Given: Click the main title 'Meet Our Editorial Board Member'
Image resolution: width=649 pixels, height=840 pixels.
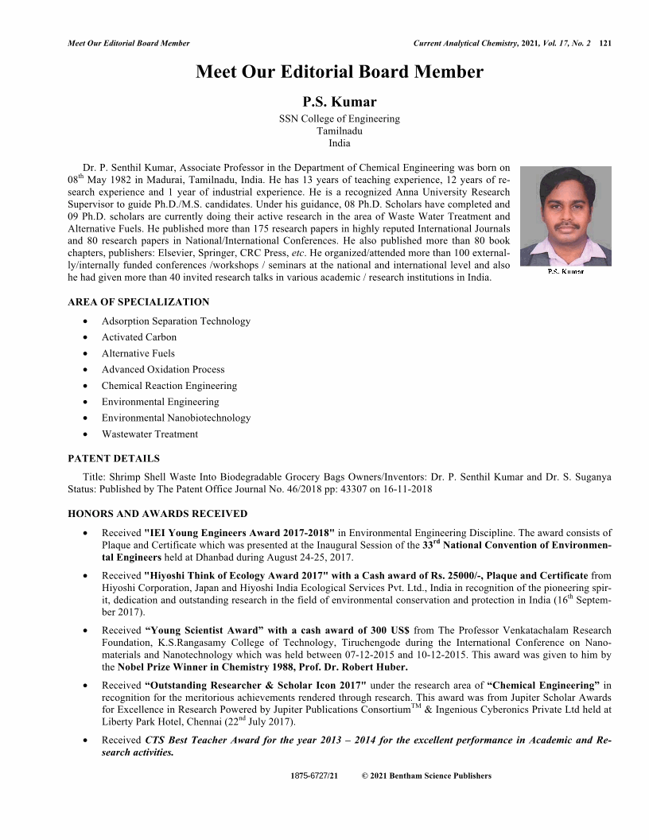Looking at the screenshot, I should (339, 72).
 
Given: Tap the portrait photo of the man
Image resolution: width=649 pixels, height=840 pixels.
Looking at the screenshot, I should (565, 216).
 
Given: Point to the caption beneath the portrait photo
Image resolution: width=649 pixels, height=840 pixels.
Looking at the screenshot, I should (565, 272).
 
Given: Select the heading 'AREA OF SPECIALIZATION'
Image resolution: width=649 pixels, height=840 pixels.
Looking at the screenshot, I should (138, 301).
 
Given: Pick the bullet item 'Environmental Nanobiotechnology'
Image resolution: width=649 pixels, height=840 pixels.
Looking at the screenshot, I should (176, 418).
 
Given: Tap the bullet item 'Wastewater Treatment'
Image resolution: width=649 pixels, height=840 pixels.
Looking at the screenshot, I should (150, 434).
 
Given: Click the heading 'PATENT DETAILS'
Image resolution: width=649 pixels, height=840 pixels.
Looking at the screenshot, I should (113, 458).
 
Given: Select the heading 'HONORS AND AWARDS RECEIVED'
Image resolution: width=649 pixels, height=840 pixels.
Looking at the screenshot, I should (157, 514).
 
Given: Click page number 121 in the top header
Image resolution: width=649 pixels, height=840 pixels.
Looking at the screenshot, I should (604, 42).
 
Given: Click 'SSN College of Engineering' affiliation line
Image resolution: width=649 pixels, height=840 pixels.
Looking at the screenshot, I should (339, 119).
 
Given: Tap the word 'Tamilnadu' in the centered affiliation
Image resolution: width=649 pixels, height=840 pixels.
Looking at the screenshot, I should (339, 131).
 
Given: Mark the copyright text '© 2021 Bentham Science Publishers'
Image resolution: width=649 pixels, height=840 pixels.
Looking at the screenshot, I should (426, 776).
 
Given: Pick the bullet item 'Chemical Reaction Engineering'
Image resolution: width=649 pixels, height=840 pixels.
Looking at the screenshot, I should (169, 386).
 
